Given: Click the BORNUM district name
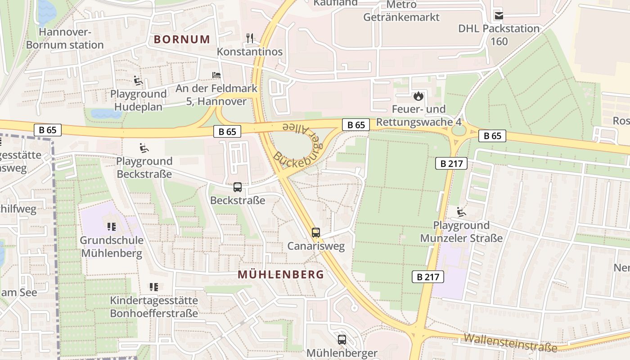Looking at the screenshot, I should (182, 39).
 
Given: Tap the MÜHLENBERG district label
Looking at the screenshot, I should (281, 274).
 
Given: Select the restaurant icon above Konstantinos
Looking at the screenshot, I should (250, 38).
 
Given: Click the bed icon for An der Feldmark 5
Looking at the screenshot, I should (216, 75).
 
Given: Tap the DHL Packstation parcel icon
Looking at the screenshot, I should (499, 16).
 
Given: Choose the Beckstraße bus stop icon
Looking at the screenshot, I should (238, 187).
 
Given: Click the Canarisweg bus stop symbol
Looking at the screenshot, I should (316, 233).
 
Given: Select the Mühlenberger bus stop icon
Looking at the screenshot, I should (342, 340).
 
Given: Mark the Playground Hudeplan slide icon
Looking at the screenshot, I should (138, 81).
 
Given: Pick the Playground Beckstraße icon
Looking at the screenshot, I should (144, 148).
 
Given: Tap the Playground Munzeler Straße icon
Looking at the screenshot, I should (461, 212).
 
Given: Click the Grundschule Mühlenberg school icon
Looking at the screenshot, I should (112, 227).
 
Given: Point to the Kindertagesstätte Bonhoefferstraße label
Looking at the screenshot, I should (154, 306).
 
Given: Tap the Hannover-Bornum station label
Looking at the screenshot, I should (65, 39).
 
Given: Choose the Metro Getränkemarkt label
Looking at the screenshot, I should (401, 11).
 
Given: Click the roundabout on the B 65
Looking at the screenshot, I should (459, 130).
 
